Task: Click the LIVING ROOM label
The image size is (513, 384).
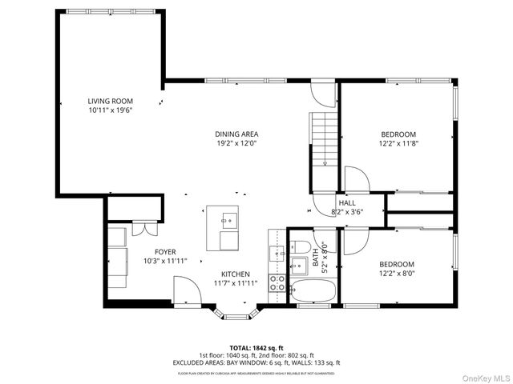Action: pos(110,101)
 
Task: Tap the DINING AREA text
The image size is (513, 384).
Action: pos(236,134)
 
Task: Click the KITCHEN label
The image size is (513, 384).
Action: pos(236,274)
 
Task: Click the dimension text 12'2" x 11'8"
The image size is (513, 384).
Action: pos(398,143)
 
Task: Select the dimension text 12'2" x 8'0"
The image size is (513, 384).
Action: pos(397,274)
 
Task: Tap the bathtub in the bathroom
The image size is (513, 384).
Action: pos(312,292)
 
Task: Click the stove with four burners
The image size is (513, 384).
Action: pos(277,282)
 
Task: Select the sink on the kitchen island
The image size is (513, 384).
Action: pos(228,217)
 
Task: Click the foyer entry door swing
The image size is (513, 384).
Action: pos(186,290)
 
